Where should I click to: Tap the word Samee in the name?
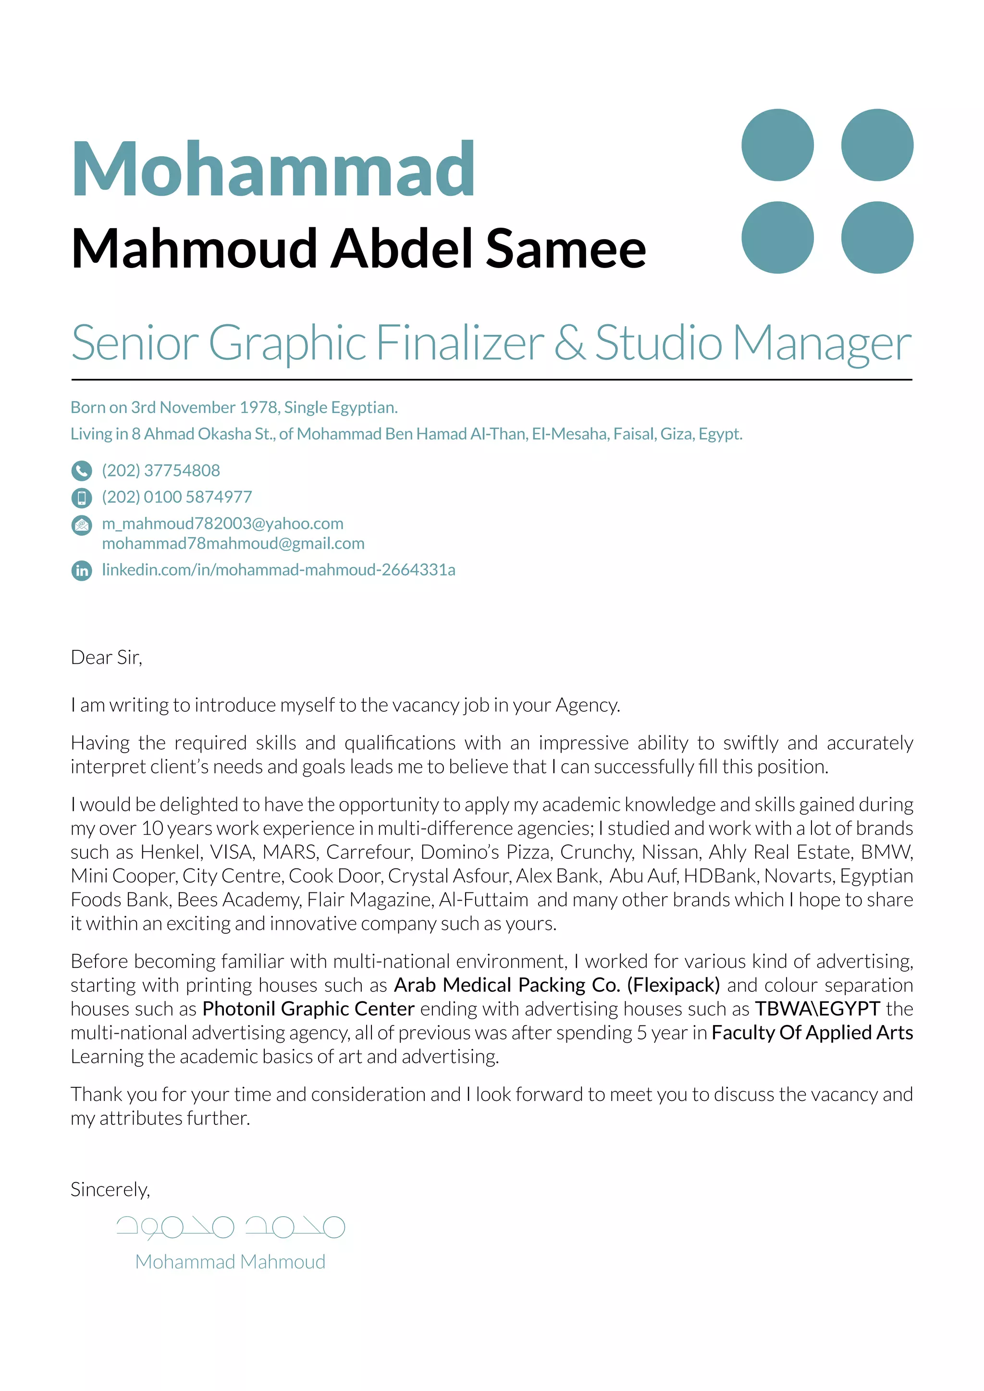point(566,248)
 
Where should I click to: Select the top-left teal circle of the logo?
point(777,145)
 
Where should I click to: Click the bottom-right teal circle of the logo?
point(877,237)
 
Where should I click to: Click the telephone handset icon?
point(82,471)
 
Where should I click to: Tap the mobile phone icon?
point(82,498)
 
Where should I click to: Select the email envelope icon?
point(82,525)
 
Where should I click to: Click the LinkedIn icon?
point(82,570)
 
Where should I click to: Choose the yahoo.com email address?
point(222,524)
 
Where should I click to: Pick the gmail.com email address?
point(234,543)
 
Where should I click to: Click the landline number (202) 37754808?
point(160,471)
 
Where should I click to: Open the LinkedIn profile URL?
point(278,570)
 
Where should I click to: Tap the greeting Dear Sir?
point(106,658)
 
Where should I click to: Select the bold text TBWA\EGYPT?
point(817,1009)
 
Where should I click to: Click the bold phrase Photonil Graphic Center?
point(308,1009)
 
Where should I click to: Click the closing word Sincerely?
point(110,1190)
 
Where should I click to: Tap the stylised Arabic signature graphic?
point(230,1227)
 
